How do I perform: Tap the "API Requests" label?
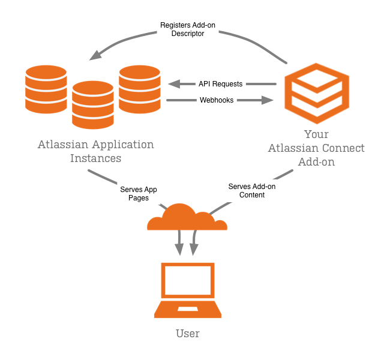tap(220, 84)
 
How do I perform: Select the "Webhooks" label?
tap(217, 100)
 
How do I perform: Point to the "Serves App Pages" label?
tap(139, 193)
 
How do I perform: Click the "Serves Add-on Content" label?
tap(252, 191)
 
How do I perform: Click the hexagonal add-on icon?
tap(316, 92)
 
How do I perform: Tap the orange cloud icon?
tap(186, 219)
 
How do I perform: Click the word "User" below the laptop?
tap(188, 334)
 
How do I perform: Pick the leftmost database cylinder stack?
tap(46, 89)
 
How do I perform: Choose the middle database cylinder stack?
tap(93, 104)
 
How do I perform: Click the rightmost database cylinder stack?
tap(140, 89)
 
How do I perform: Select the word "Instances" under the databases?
tap(95, 159)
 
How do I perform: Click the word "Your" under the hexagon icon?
tap(316, 134)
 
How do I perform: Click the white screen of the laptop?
tap(188, 280)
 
